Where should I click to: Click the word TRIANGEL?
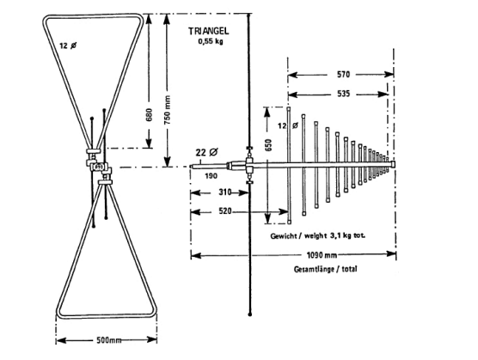click(209, 31)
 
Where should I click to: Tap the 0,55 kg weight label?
click(211, 41)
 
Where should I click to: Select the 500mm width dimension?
click(109, 340)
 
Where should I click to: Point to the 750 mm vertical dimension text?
click(167, 110)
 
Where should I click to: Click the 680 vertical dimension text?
click(149, 115)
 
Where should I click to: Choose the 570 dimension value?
click(343, 74)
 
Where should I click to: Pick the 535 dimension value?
click(343, 94)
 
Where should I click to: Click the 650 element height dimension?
click(268, 145)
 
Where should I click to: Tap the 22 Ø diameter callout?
click(206, 152)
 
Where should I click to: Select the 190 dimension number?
click(211, 176)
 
